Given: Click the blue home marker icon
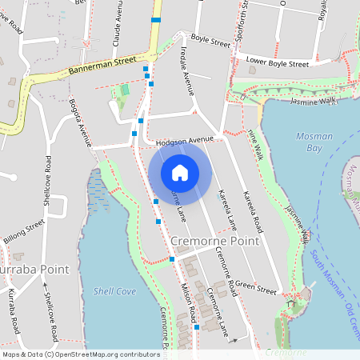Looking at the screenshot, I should click(180, 172).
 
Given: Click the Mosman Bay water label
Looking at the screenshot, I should click(314, 142).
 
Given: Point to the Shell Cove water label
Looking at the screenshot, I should click(114, 290).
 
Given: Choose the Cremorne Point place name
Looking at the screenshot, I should click(215, 241).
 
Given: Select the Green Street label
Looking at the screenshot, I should click(256, 287).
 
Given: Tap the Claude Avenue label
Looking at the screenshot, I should click(117, 24).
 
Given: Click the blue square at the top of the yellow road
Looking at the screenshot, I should click(156, 19).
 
